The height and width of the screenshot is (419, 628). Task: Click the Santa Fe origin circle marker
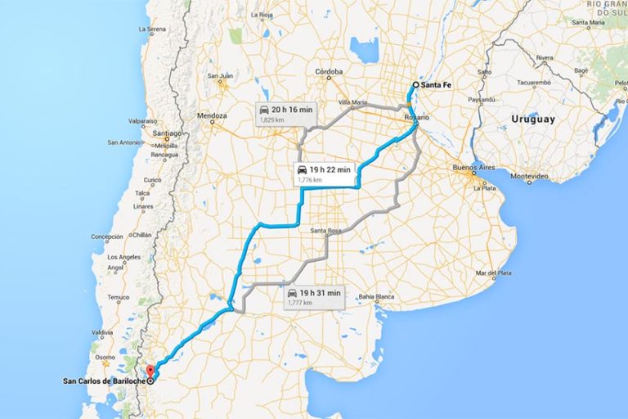(x=415, y=85)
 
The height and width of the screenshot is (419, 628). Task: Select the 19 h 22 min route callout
(x=325, y=173)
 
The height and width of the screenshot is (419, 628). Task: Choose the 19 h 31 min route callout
(x=313, y=296)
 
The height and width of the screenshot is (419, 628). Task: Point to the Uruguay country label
(x=533, y=119)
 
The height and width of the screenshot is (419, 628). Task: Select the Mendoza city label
(x=211, y=116)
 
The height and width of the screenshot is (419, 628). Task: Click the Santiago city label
(x=167, y=133)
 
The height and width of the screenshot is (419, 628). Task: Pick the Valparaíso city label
(x=143, y=121)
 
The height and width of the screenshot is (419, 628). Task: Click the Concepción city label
(x=107, y=237)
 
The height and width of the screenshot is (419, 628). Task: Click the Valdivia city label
(x=102, y=332)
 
